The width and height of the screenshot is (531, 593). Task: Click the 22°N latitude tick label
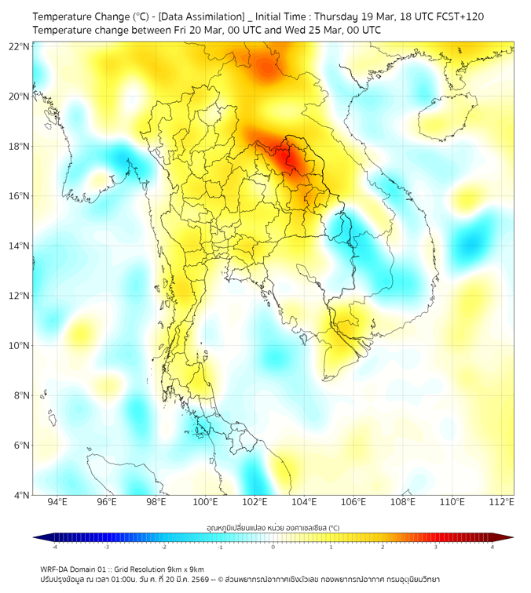click(x=20, y=46)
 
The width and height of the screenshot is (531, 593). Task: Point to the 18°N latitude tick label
click(x=20, y=146)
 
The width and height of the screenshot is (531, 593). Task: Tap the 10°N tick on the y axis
click(x=20, y=345)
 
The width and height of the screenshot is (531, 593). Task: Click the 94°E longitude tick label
click(x=57, y=502)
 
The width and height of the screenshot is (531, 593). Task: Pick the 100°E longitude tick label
click(x=205, y=502)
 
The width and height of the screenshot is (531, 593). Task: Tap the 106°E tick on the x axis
click(x=353, y=502)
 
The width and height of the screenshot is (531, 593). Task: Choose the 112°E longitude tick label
click(x=501, y=502)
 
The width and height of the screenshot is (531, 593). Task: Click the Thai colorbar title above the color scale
click(x=273, y=528)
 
